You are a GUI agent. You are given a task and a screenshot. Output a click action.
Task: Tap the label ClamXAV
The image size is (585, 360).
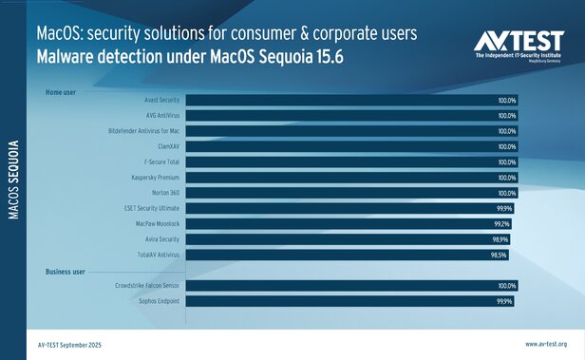pyautogui.click(x=164, y=146)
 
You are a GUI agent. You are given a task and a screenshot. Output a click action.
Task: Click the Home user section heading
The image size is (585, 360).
pyautogui.click(x=61, y=92)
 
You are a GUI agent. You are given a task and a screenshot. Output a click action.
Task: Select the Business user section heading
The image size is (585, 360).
pyautogui.click(x=66, y=272)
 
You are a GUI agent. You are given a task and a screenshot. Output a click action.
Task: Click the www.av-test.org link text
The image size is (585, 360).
pyautogui.click(x=546, y=343)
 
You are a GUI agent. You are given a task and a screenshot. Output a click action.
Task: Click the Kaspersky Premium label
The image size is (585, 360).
pyautogui.click(x=153, y=178)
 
